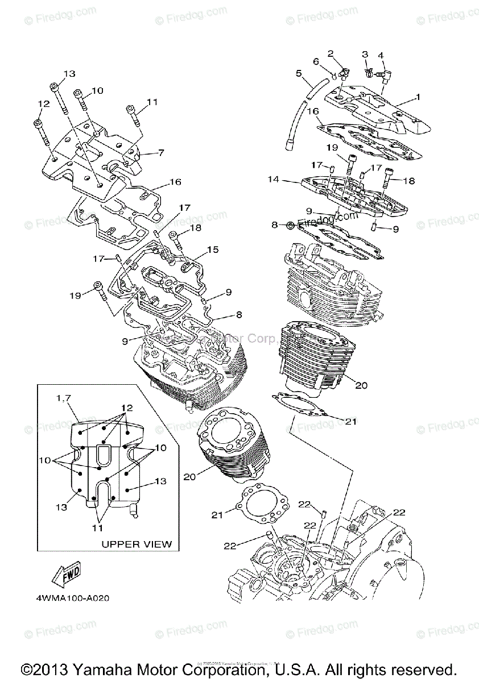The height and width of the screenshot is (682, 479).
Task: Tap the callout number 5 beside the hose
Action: click(x=298, y=73)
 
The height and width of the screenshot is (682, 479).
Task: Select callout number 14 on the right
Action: click(x=274, y=180)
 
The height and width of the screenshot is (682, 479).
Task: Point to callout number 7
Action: click(x=161, y=153)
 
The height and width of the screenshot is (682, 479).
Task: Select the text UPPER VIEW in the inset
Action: click(x=137, y=544)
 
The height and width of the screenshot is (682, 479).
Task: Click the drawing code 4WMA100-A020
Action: click(x=72, y=598)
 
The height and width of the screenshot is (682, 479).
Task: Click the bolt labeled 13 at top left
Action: click(x=55, y=87)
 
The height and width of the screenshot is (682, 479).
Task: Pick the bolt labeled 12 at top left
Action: click(x=39, y=124)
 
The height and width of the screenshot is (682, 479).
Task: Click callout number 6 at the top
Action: click(x=315, y=61)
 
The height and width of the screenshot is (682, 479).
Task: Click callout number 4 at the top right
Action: click(x=381, y=55)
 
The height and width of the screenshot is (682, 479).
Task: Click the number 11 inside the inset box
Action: click(x=98, y=527)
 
